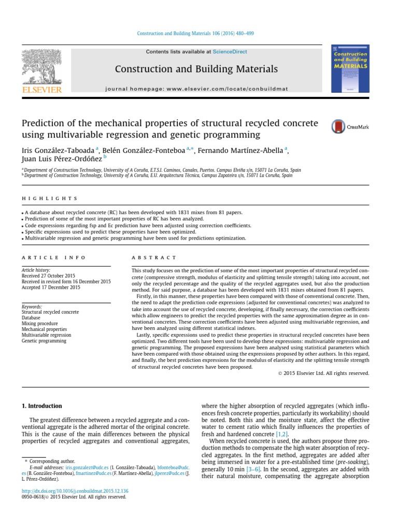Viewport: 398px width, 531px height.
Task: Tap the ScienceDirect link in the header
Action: coord(226,52)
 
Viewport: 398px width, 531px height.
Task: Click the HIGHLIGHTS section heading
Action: coord(50,199)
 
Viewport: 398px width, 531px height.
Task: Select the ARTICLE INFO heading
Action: coord(47,258)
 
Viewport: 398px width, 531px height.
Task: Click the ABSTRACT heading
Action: coord(154,258)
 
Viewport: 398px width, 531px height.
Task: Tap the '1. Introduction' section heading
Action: coord(45,406)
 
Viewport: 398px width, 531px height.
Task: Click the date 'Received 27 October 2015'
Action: coord(48,276)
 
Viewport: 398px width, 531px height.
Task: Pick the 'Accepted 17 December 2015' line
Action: coord(51,287)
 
